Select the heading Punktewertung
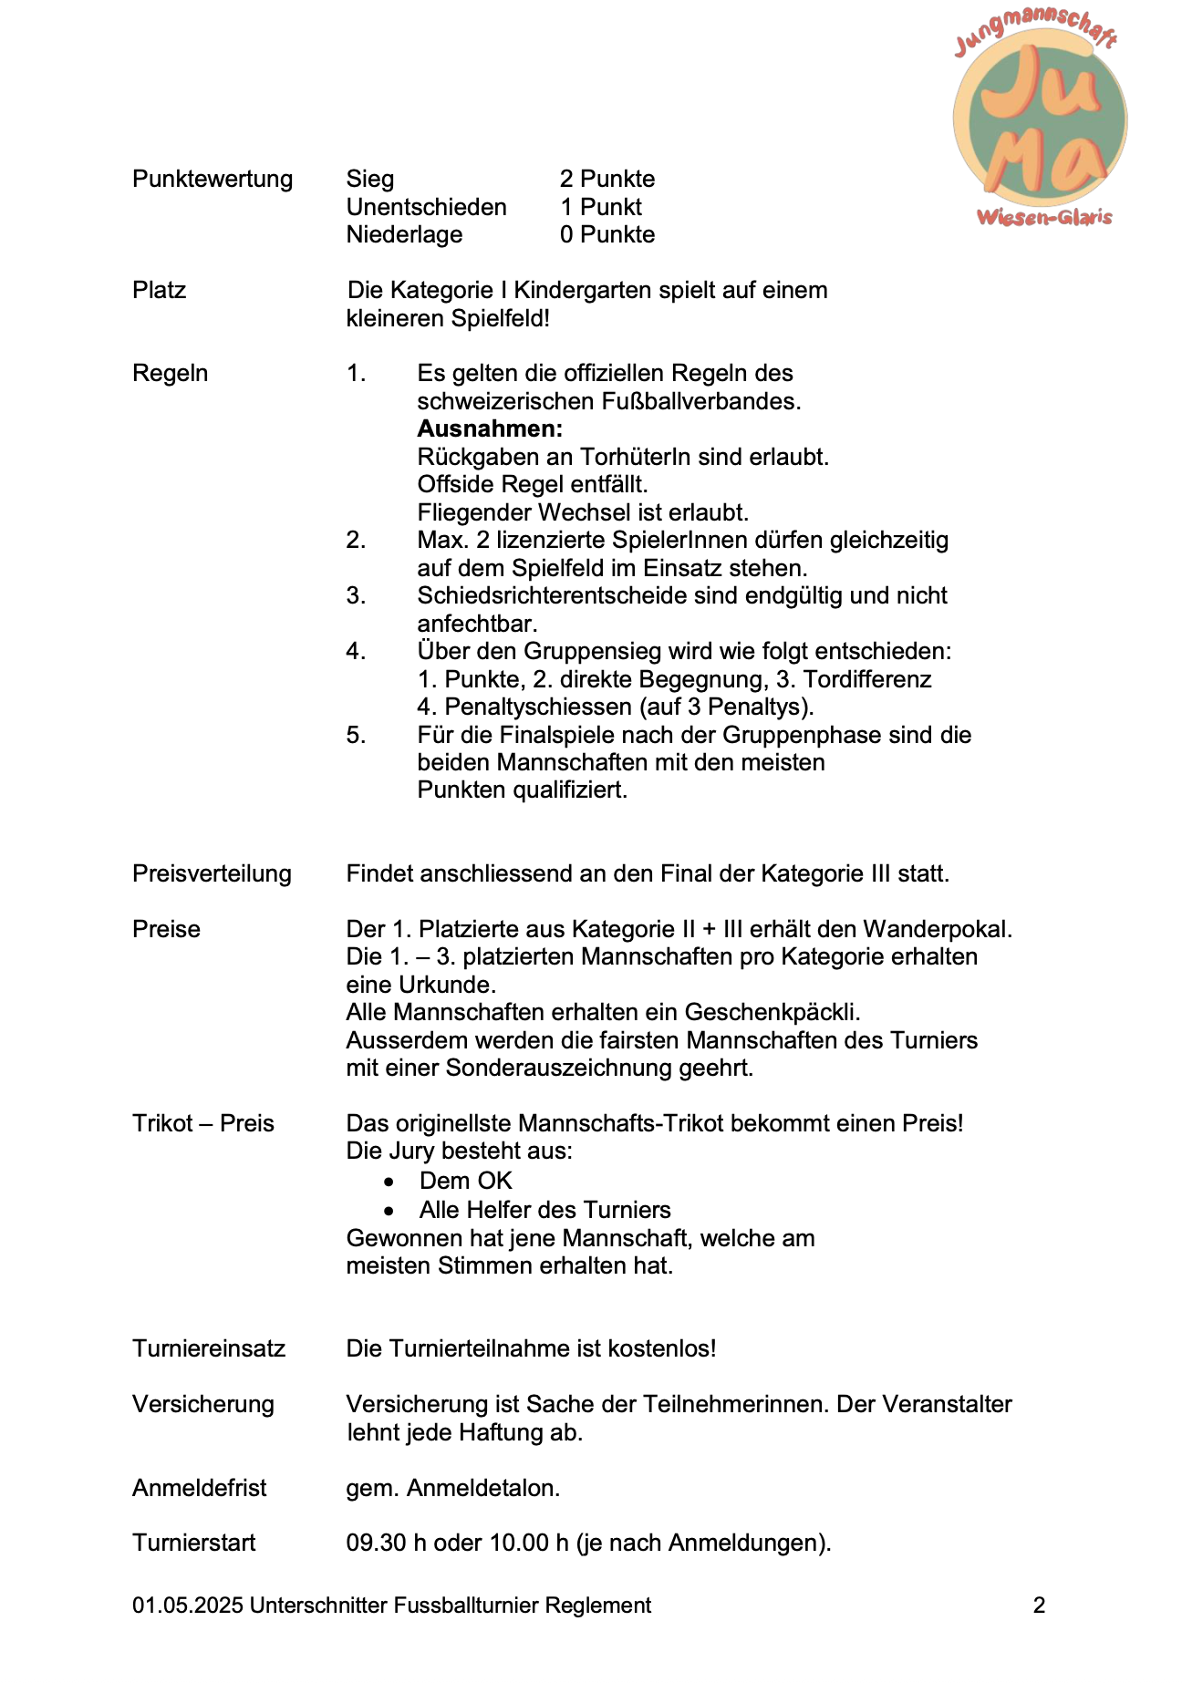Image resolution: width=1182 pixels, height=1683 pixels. (x=213, y=179)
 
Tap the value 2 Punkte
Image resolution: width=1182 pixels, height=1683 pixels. (x=607, y=179)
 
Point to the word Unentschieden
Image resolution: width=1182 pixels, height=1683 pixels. (x=426, y=207)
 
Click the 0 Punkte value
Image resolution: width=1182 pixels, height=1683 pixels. (x=607, y=234)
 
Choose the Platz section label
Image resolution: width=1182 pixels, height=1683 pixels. (x=160, y=290)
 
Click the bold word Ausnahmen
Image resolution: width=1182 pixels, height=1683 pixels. (x=490, y=428)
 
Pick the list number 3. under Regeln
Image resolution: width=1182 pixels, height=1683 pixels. (x=356, y=595)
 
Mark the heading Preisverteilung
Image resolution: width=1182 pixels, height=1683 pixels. (x=212, y=873)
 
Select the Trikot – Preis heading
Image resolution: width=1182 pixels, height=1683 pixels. (x=203, y=1123)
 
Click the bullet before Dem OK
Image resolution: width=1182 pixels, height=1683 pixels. (x=389, y=1182)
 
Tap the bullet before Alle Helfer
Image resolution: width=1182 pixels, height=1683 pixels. (x=389, y=1211)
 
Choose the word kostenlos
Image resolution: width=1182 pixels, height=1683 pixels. (x=663, y=1348)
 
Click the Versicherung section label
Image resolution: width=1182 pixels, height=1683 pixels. (x=203, y=1404)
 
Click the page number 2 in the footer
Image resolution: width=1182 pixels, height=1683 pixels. (x=1039, y=1606)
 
